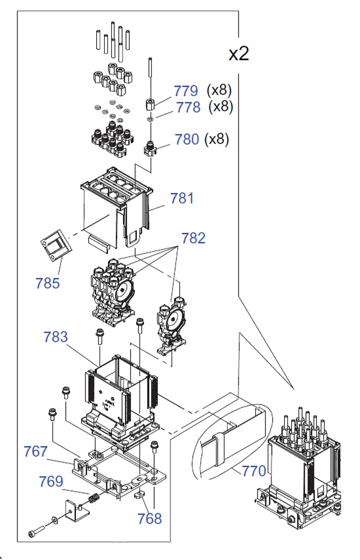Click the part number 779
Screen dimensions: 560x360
pos(186,91)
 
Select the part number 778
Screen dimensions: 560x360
pos(188,107)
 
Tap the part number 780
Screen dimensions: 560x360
pos(187,139)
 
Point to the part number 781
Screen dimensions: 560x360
pos(182,198)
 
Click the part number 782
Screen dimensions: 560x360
pos(193,238)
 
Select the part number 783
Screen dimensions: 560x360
pos(55,337)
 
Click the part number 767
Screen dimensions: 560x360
pos(35,451)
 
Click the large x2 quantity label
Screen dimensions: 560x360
pos(238,54)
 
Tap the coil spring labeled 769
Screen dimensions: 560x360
pos(94,498)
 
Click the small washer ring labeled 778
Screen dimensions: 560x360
pos(151,119)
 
